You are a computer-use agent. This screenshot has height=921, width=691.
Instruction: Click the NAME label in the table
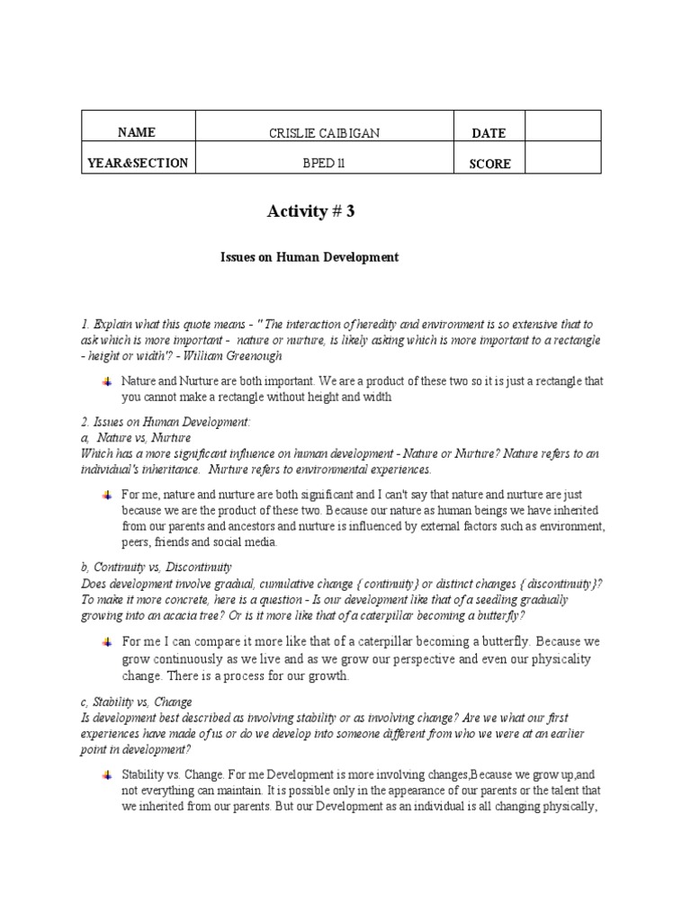[136, 132]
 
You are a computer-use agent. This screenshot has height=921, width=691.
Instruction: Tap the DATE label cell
[489, 133]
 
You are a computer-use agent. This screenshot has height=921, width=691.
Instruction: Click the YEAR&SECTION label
[137, 163]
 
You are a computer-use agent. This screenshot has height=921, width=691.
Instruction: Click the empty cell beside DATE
[562, 127]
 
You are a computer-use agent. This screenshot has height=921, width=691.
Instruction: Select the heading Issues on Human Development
[310, 257]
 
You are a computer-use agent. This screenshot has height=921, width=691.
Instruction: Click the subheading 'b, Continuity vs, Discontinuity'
[157, 568]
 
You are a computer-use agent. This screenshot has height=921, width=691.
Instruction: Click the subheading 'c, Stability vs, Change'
[136, 702]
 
